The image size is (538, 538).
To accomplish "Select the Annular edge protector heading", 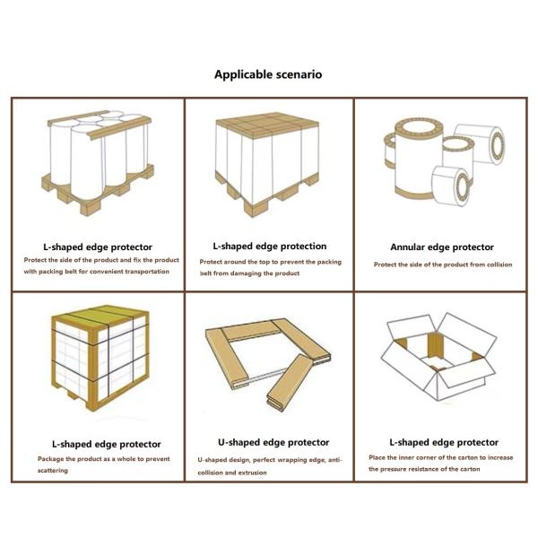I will pos(442,247).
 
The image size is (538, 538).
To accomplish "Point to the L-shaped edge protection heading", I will pos(269,246).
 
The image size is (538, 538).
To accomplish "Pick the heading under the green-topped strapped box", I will pos(106,444).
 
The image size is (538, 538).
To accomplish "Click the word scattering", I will pos(53,471).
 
